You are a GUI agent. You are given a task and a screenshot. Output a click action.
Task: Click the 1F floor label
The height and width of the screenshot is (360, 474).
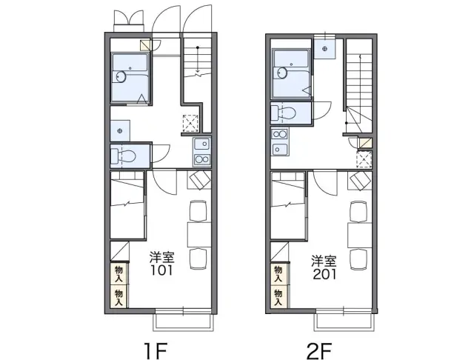[x=156, y=350]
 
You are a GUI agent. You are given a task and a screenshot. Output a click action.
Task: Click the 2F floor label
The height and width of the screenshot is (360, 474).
[x=319, y=350]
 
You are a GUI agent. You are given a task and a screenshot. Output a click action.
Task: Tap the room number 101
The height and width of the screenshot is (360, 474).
[x=161, y=270]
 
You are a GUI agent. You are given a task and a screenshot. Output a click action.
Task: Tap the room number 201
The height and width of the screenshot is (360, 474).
[x=324, y=274]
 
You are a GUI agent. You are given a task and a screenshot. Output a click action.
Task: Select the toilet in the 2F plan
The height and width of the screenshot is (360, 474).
[x=284, y=113]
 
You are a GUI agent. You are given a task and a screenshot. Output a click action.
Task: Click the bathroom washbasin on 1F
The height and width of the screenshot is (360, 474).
[x=121, y=77]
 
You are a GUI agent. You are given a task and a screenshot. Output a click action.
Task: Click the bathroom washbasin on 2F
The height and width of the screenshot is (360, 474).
[x=282, y=73]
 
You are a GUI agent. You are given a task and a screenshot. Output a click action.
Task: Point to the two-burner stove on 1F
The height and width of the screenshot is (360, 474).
[x=202, y=159]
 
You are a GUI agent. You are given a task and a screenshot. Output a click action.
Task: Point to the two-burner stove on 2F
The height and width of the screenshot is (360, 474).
[x=280, y=134]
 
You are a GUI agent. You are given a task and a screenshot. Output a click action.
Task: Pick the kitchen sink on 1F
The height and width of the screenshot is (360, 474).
[x=202, y=144]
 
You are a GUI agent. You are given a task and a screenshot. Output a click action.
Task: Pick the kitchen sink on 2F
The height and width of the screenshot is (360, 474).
[x=280, y=148]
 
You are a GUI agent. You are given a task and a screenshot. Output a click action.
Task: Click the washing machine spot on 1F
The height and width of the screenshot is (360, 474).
[x=120, y=131]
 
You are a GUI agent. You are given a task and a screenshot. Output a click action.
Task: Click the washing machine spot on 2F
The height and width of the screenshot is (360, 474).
[x=324, y=49]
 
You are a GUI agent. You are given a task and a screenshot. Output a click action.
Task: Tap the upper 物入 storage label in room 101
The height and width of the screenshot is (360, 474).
[x=118, y=274]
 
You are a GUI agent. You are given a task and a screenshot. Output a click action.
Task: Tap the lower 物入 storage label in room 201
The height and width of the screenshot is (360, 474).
[x=278, y=297]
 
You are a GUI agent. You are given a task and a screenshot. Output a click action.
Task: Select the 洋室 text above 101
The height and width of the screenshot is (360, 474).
[x=161, y=257]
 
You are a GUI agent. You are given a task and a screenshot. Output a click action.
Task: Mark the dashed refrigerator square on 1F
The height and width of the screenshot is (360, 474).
[x=191, y=123]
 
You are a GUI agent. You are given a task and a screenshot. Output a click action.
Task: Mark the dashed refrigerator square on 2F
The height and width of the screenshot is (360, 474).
[x=364, y=159]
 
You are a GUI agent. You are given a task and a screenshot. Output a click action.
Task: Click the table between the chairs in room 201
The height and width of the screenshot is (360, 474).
[x=359, y=235]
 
